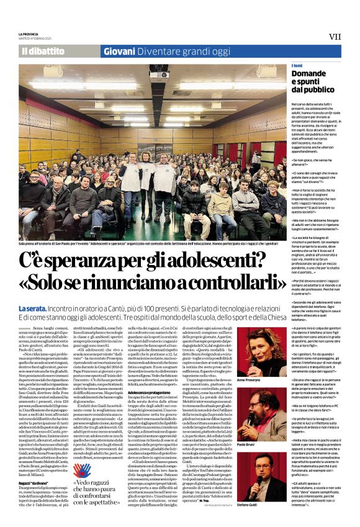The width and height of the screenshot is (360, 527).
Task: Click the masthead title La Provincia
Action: [29, 34]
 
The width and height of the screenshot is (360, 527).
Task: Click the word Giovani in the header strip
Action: [119, 52]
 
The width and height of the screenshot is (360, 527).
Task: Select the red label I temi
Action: [297, 66]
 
